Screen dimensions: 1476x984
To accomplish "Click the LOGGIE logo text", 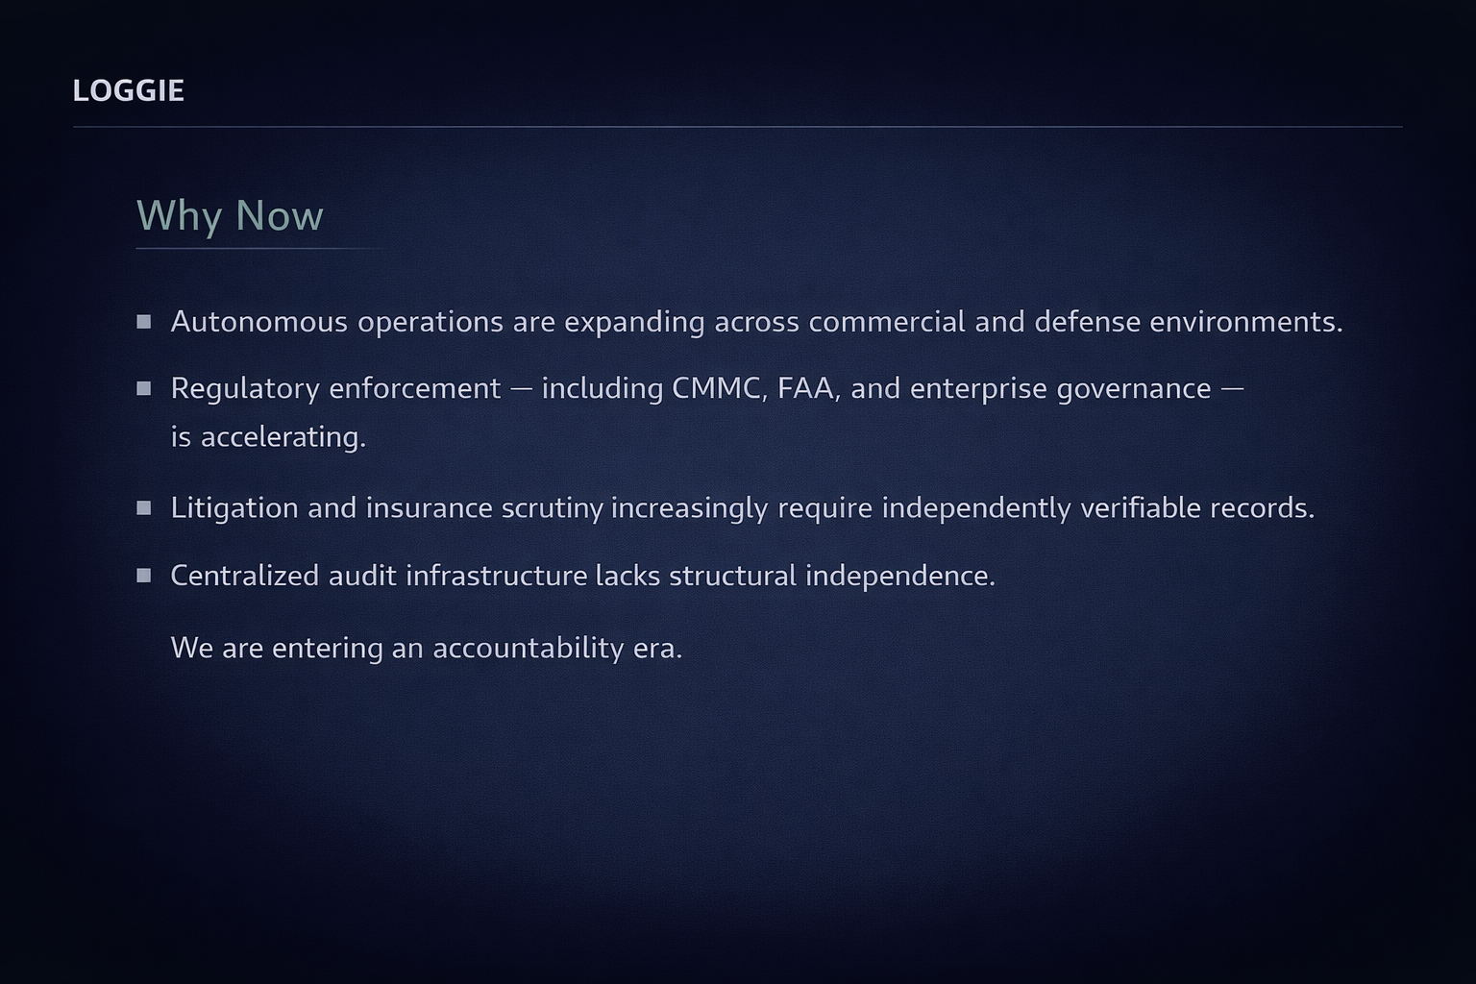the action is pos(129,91).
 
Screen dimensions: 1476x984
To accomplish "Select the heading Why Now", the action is pos(230,215).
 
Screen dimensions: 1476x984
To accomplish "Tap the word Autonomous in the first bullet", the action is pos(258,322).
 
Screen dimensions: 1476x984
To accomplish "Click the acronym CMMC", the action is pos(720,388).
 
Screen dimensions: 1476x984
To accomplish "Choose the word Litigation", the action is pos(234,508).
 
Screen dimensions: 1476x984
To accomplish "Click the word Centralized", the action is pos(245,576).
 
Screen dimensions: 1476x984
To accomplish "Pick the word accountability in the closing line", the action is pos(529,648).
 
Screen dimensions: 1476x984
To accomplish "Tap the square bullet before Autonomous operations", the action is pos(143,322).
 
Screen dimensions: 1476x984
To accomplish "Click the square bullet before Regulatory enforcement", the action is pos(143,388).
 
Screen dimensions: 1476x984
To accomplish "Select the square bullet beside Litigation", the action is pos(143,508).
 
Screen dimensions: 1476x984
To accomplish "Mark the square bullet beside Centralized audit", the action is pos(143,576).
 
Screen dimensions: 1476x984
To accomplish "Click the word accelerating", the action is pos(283,437).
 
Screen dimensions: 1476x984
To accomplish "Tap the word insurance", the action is pos(429,508).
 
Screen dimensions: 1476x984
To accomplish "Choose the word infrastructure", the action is pos(496,576).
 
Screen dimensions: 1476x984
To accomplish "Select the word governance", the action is pos(1133,389).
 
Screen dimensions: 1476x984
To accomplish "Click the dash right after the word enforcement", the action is pos(521,389).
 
